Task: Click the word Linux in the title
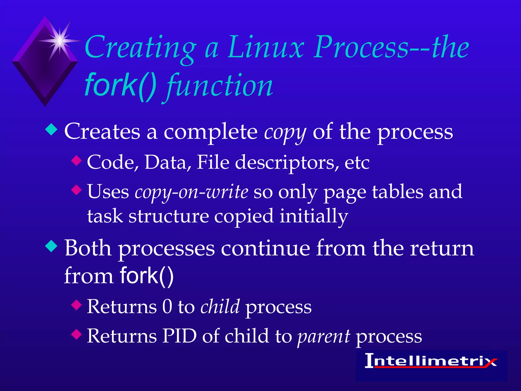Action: [266, 47]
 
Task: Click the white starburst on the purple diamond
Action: [59, 41]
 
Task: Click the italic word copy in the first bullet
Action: [285, 132]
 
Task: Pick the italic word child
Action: [220, 306]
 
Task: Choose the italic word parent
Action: [324, 336]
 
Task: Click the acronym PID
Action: [180, 336]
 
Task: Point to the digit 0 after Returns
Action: [167, 306]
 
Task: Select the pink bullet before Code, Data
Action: [76, 161]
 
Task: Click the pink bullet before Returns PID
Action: [76, 334]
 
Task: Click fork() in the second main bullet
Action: [147, 275]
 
